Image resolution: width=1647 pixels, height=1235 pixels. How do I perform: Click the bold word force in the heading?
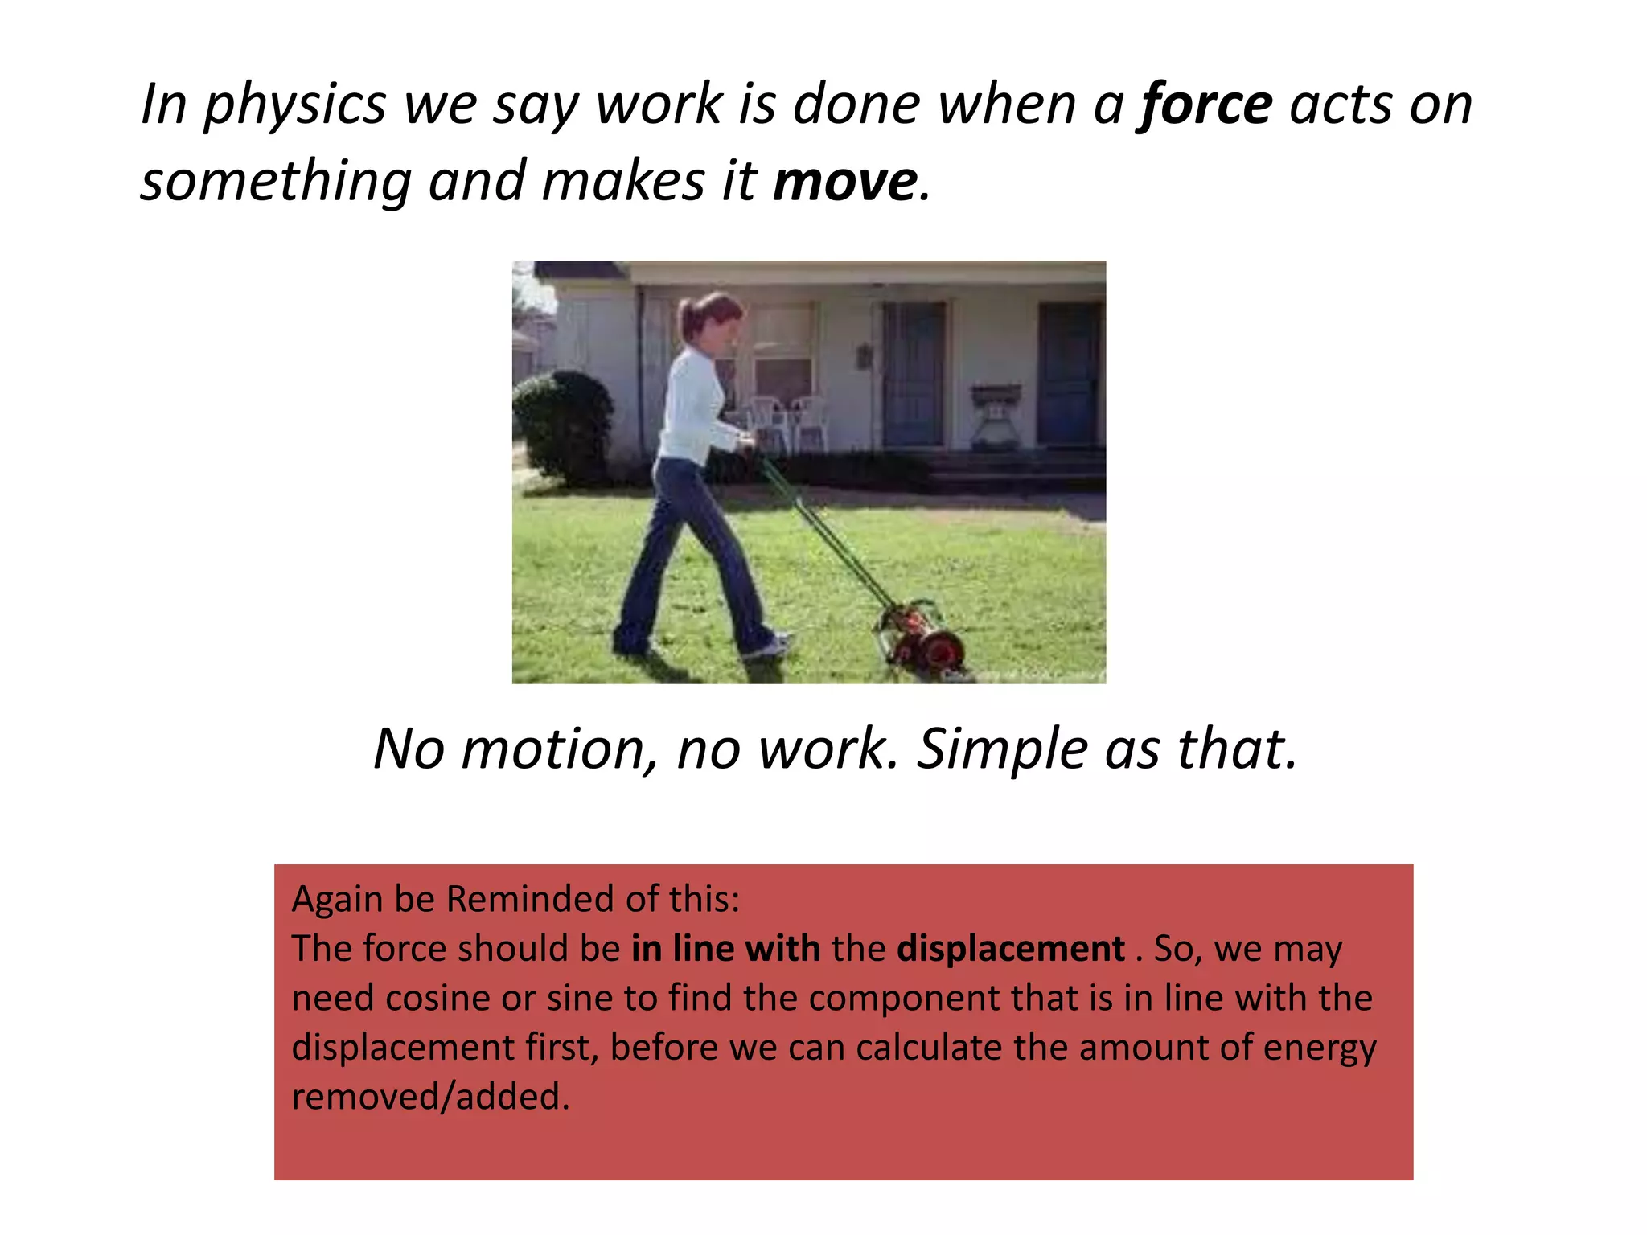(1205, 105)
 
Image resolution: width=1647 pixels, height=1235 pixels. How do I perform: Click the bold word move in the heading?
(844, 182)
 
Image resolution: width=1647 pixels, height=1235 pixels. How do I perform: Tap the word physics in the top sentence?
(294, 105)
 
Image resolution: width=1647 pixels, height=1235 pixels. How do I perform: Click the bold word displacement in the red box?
(1010, 949)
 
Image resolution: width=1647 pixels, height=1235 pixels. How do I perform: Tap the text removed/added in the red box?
(430, 1097)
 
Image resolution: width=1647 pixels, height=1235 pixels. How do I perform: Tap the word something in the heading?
(276, 182)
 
